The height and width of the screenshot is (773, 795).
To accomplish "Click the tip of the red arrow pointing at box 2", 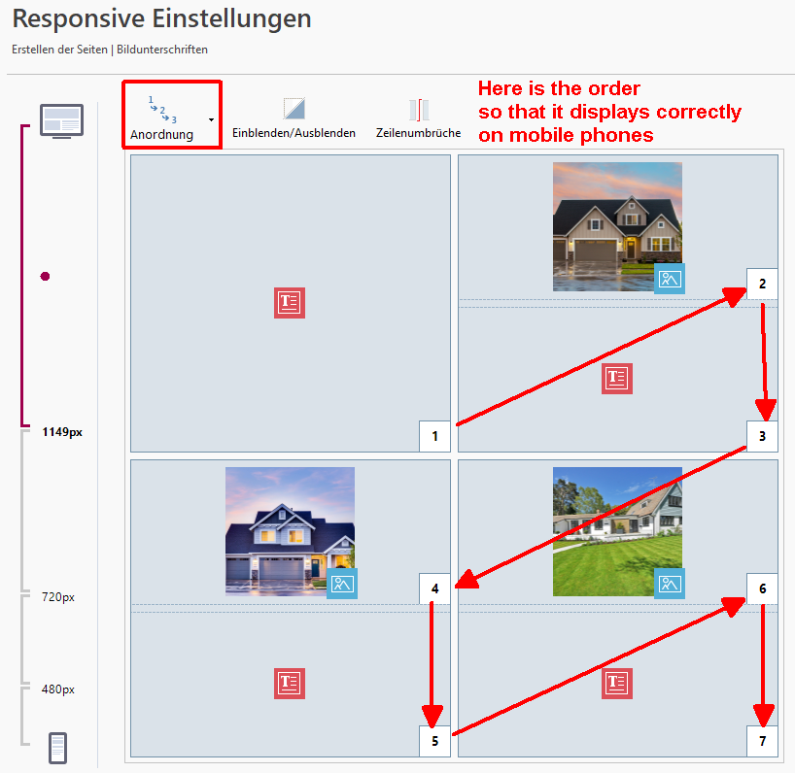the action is (745, 288).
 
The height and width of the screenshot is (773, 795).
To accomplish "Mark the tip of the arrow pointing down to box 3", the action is (766, 420).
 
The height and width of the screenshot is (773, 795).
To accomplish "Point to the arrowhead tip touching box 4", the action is (455, 588).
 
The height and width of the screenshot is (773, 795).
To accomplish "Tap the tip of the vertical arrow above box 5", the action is (432, 727).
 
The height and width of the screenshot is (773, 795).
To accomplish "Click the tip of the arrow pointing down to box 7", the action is (763, 727).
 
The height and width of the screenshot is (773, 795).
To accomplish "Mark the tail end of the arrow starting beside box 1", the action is (457, 424).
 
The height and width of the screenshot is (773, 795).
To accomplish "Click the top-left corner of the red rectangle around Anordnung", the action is (122, 81).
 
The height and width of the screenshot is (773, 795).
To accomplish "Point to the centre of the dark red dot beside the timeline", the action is (45, 276).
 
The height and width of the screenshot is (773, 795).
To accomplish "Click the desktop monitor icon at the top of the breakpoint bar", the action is (62, 121).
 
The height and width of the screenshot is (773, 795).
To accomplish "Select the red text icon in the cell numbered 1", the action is (290, 303).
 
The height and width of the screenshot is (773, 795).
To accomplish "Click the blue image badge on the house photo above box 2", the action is (670, 279).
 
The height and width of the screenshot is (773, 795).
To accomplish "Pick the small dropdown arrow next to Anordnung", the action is (211, 120).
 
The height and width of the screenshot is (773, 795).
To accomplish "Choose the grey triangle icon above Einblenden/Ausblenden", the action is (294, 109).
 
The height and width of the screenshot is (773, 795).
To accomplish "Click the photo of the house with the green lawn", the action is (617, 531).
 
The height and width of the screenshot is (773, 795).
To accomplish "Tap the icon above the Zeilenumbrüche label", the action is (419, 110).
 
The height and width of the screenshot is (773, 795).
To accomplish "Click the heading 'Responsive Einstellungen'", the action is (161, 18).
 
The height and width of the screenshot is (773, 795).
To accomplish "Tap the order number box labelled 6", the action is (762, 588).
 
